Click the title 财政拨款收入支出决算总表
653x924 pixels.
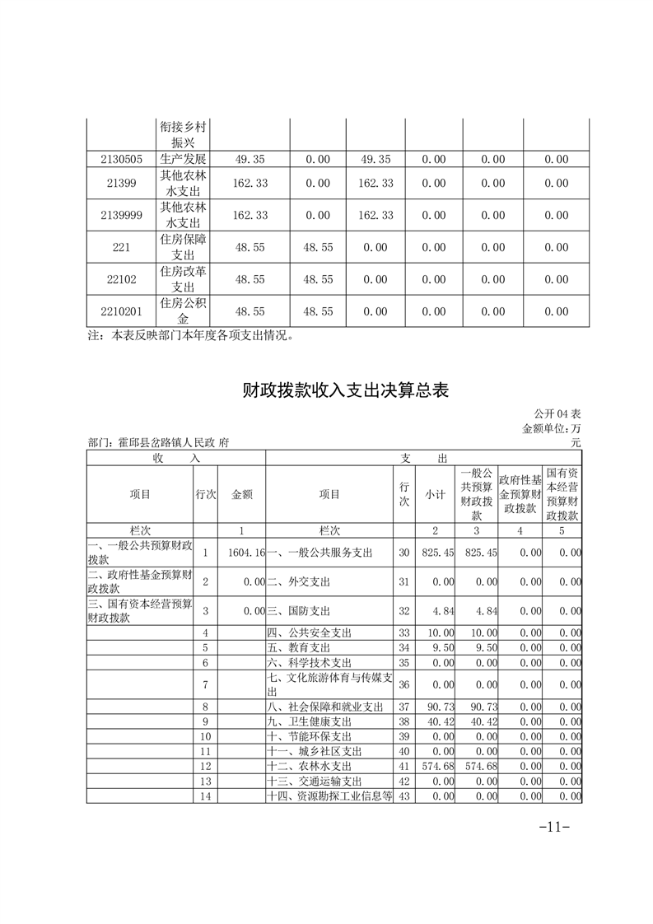(x=345, y=390)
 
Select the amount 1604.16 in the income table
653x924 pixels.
(x=247, y=553)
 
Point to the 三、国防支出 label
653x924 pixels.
(x=298, y=611)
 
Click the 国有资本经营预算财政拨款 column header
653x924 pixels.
(x=562, y=494)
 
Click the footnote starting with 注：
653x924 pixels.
(x=190, y=336)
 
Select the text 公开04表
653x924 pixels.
(x=557, y=413)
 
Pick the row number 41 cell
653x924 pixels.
(x=403, y=767)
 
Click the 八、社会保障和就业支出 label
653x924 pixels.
(x=325, y=707)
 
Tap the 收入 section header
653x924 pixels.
(x=176, y=457)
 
